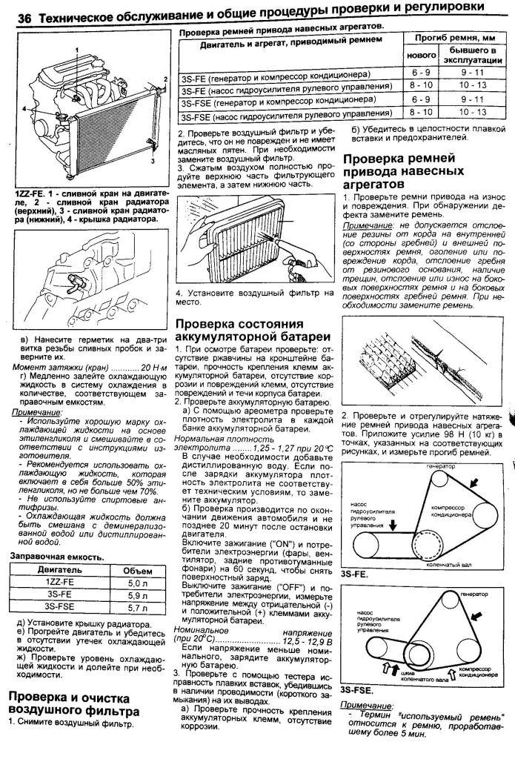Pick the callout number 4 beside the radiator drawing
[x=24, y=108]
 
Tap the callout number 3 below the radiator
[x=152, y=159]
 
